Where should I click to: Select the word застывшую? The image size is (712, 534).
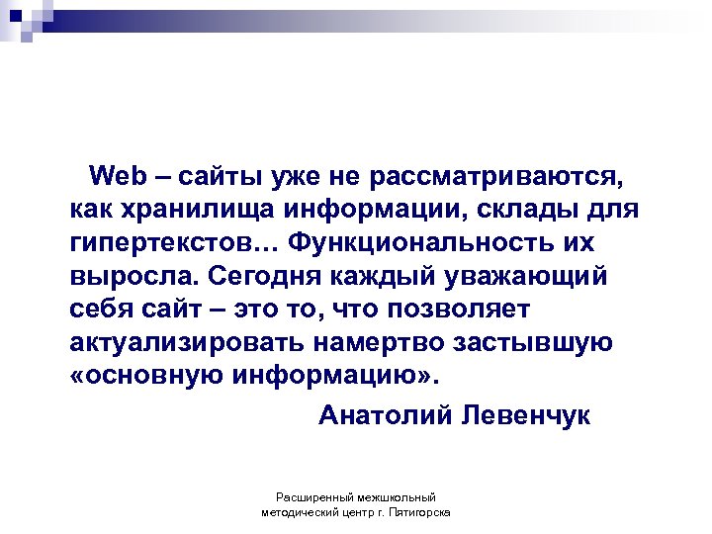(x=535, y=342)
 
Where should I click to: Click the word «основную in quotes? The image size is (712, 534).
(x=148, y=376)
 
